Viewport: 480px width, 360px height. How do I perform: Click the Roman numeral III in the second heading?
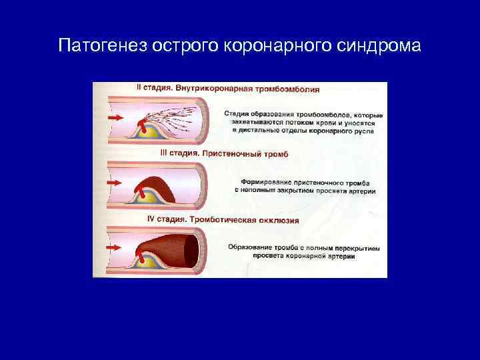165,154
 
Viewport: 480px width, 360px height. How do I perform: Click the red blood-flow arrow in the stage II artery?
115,117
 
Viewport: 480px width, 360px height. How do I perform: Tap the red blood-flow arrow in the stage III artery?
115,182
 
